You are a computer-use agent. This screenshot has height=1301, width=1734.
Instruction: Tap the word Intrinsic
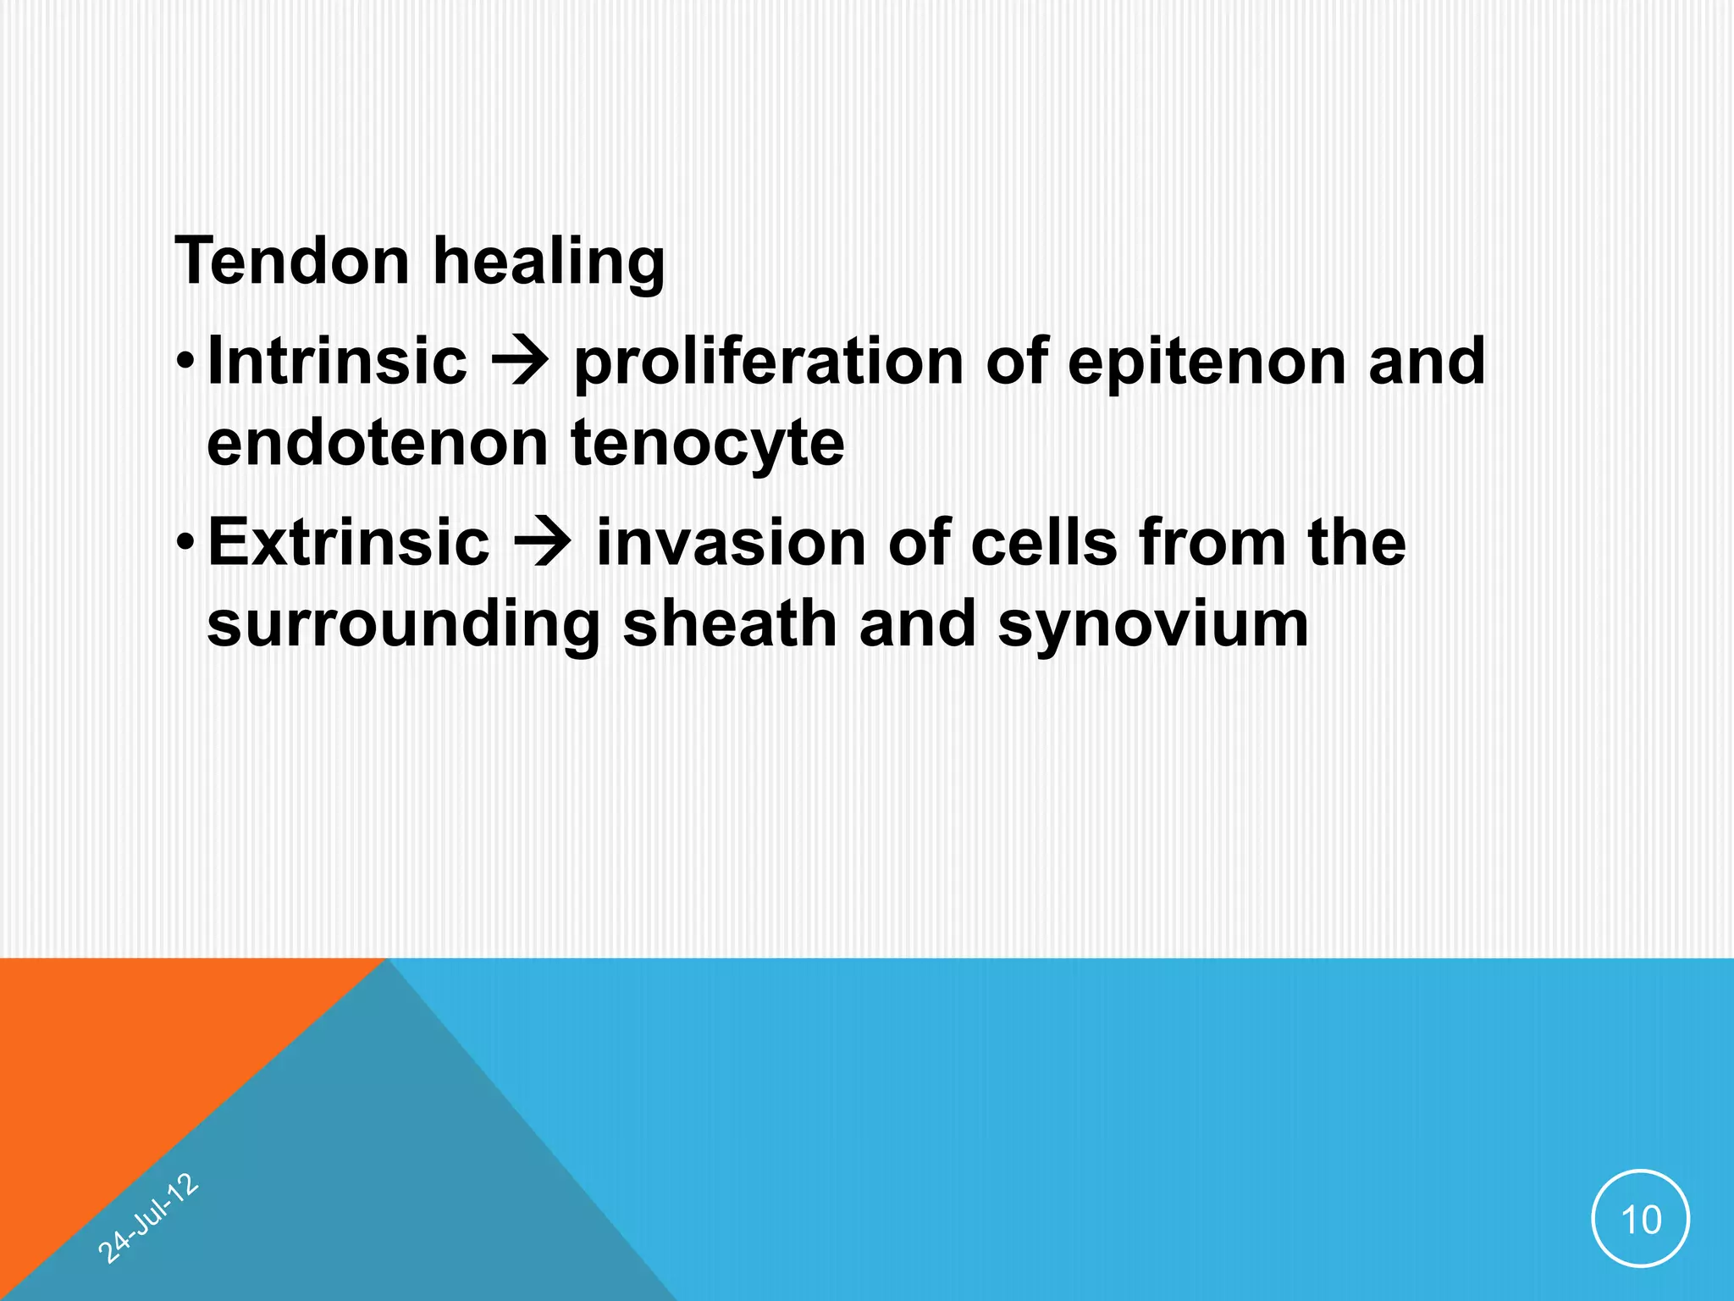[337, 361]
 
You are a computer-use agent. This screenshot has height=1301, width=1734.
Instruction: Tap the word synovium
[1153, 625]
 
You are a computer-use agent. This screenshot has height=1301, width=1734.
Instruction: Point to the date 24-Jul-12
[148, 1219]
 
